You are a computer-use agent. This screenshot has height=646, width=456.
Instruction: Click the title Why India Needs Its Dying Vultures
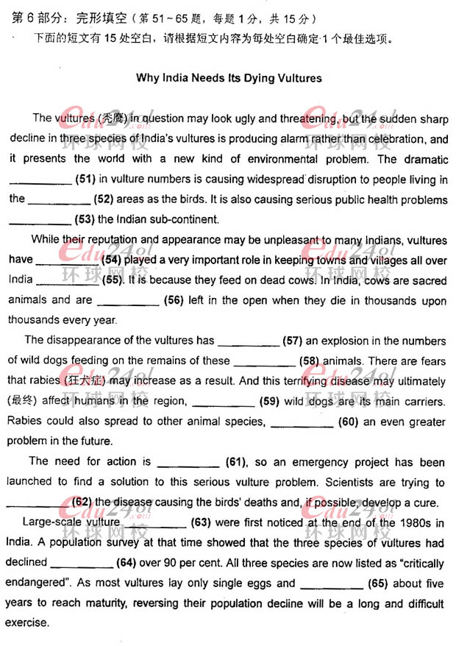click(x=229, y=77)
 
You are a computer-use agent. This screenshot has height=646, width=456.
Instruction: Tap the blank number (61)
click(x=234, y=461)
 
